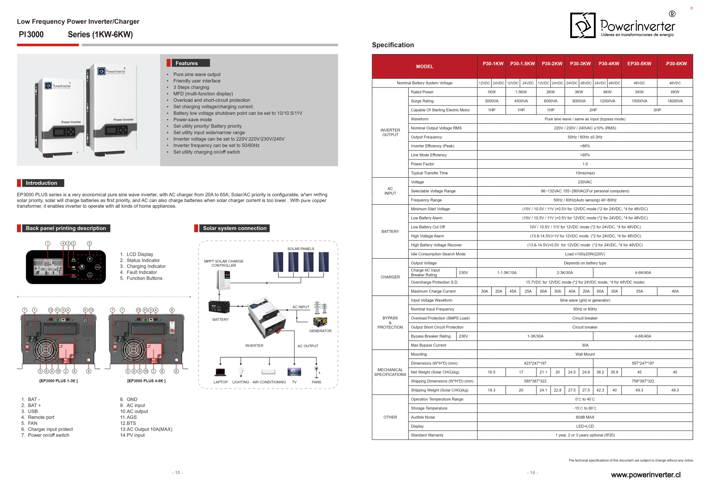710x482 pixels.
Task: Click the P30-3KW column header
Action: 580,64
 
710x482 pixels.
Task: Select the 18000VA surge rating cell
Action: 675,101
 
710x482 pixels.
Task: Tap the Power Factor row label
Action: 422,164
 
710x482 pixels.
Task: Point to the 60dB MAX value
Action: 585,417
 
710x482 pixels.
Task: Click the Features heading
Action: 186,63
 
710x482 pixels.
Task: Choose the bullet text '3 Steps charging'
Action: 191,87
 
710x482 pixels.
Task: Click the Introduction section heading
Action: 41,183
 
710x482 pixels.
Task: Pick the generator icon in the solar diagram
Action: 320,321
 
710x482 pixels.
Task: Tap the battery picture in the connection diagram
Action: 219,307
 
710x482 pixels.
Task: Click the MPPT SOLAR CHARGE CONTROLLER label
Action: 224,263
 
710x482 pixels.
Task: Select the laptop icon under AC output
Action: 220,372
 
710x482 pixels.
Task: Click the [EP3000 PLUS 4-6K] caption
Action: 146,381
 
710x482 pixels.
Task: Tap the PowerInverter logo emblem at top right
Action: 583,26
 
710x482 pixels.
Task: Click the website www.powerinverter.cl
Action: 646,475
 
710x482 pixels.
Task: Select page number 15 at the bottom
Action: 177,473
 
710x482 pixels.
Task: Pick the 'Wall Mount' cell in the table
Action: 585,354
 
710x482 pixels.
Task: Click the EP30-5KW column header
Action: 639,64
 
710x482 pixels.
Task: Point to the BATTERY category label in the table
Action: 390,232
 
